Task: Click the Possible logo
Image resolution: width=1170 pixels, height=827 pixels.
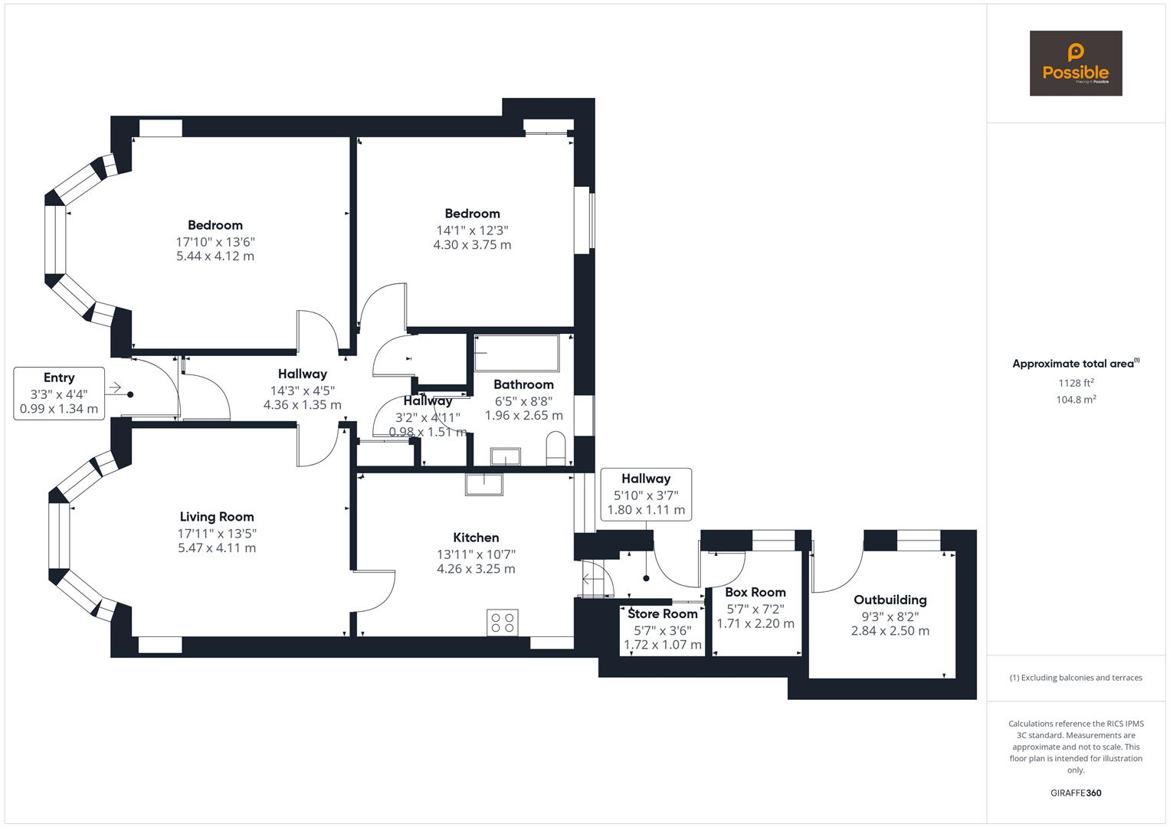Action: pos(1075,63)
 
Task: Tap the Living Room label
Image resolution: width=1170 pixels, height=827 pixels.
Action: pos(217,517)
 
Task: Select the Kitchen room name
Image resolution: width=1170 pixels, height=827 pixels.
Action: pos(476,538)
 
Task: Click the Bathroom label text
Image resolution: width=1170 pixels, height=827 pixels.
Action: pos(523,384)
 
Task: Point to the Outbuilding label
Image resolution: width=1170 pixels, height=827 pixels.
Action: pos(890,600)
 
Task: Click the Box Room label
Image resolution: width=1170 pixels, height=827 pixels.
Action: pos(755,592)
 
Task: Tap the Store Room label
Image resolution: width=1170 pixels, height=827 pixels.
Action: pos(663,613)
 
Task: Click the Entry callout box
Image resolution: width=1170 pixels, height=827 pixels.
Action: pos(59,394)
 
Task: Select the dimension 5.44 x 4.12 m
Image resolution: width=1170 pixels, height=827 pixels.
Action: pos(215,257)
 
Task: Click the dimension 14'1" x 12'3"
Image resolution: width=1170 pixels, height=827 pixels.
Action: pos(473,230)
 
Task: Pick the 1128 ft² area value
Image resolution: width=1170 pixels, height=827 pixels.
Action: pos(1076,383)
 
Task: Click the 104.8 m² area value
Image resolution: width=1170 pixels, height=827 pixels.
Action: pos(1076,399)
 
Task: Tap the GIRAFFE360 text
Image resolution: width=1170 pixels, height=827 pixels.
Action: pos(1076,793)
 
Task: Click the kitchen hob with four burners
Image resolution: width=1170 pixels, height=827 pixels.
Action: pos(503,622)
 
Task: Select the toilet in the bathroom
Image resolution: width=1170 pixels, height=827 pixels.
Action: pos(556,448)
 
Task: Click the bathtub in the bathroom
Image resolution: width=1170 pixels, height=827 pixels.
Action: pos(516,353)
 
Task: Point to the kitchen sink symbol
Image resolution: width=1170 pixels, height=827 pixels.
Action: pos(484,485)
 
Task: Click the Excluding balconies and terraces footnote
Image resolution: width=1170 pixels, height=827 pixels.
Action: pos(1076,678)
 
